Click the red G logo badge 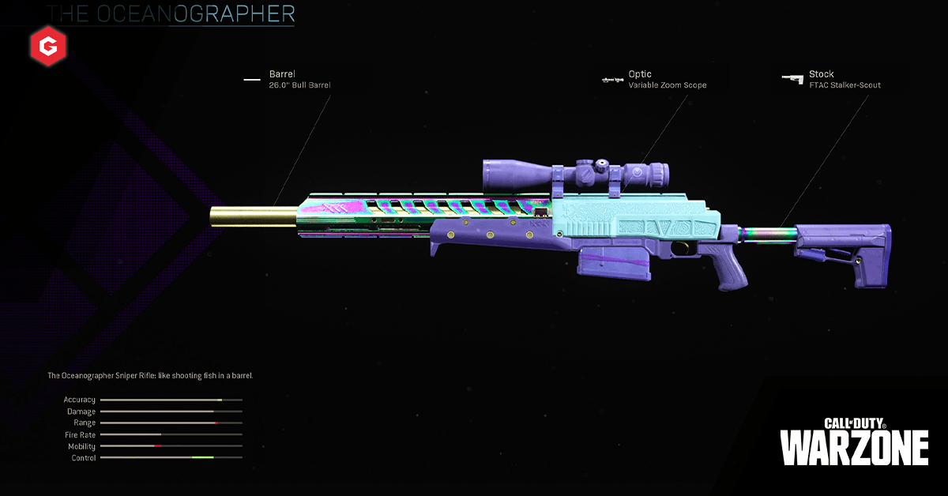[x=49, y=49]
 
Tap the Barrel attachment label [x=282, y=74]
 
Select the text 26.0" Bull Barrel [x=300, y=85]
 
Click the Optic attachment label [x=640, y=74]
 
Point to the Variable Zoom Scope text [x=668, y=85]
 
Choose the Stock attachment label [x=821, y=74]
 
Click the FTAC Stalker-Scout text [x=845, y=85]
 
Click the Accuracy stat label [x=80, y=400]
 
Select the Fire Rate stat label [x=80, y=435]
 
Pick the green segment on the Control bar [x=202, y=458]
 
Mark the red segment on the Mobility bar [x=158, y=446]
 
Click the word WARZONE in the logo [x=854, y=448]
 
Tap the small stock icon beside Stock [x=792, y=77]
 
